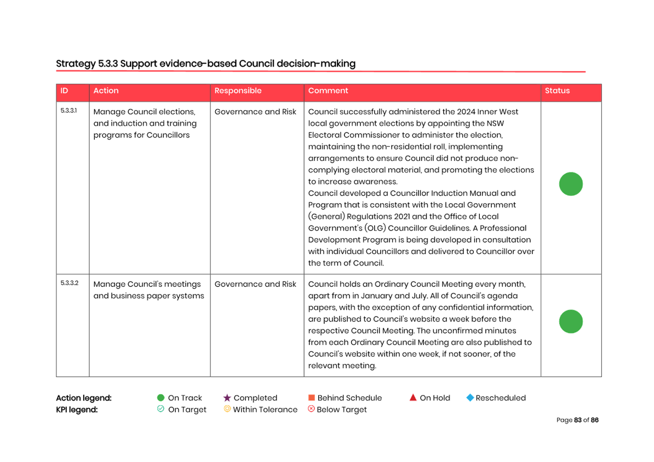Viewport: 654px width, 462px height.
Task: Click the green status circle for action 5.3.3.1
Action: (571, 184)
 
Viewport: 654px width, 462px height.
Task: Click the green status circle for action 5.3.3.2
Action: (571, 321)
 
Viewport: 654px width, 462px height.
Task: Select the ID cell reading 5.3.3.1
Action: (69, 111)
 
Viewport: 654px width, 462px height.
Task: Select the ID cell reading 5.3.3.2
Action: (70, 283)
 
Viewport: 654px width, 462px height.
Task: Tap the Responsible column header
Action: (238, 91)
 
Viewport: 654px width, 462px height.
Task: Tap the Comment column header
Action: (328, 91)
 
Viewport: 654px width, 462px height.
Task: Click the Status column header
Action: (557, 91)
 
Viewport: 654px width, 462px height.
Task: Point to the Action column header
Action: (106, 91)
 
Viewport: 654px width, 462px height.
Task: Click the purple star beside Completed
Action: (227, 398)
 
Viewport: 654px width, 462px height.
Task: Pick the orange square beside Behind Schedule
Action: (311, 397)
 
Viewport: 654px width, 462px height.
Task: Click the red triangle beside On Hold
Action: (413, 397)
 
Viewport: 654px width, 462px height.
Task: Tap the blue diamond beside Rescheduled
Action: (470, 397)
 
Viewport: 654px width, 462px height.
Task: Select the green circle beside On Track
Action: (160, 398)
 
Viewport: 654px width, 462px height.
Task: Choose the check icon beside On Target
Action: (160, 409)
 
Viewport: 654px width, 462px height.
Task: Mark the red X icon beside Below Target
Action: (311, 409)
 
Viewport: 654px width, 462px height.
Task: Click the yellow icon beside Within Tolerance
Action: (227, 409)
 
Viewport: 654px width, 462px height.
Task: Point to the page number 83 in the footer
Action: (578, 420)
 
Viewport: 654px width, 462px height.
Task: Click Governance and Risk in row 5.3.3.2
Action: (255, 284)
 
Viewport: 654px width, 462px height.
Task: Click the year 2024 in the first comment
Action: (466, 112)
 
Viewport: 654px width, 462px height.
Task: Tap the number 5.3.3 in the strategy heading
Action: (108, 64)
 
